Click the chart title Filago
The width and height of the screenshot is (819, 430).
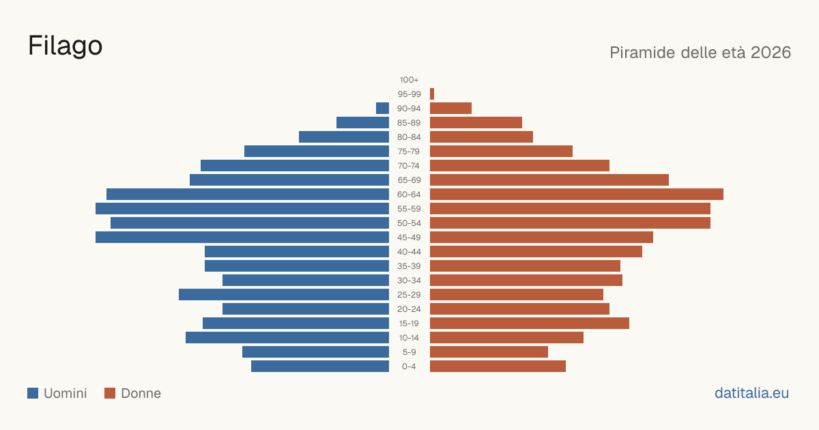click(65, 46)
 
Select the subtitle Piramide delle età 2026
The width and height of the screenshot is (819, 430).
click(700, 53)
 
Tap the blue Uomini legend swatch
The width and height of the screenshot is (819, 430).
click(33, 393)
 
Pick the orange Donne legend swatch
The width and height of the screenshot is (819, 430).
click(110, 393)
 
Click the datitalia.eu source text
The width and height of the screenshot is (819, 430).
click(751, 393)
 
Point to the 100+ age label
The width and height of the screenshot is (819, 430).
click(409, 80)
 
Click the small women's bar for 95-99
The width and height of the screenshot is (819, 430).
click(432, 94)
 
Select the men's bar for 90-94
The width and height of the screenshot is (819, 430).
click(382, 109)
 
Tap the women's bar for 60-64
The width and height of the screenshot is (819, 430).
click(577, 194)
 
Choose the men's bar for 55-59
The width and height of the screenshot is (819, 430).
click(242, 208)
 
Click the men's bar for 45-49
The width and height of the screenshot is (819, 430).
click(242, 238)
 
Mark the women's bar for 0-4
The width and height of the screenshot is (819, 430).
click(498, 367)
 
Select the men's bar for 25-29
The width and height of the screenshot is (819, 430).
click(284, 295)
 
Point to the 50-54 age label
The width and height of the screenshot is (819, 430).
click(409, 223)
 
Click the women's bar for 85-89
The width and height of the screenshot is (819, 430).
click(476, 122)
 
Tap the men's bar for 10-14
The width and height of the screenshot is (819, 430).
click(287, 337)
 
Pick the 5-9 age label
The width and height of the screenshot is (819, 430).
click(409, 352)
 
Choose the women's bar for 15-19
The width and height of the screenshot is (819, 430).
click(530, 324)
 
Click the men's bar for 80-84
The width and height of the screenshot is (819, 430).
click(344, 137)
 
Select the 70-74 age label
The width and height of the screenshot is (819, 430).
click(409, 166)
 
